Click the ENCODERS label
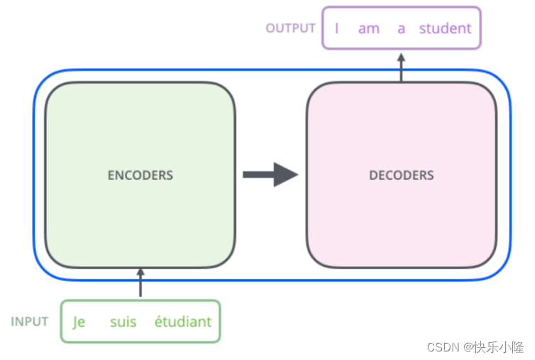pos(140,175)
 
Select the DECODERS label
pos(401,175)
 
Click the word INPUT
pos(30,322)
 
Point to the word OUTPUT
pos(290,28)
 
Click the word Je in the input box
pos(79,322)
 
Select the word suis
pos(123,322)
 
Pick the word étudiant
pos(183,322)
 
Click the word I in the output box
pos(337,28)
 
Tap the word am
pos(369,28)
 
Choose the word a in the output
pos(401,28)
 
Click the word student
pos(445,28)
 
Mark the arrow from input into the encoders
pos(140,283)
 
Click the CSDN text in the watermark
pos(443,347)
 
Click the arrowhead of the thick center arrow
pos(286,175)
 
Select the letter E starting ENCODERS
pos(111,175)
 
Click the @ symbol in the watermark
pos(468,347)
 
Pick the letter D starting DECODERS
pos(373,175)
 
